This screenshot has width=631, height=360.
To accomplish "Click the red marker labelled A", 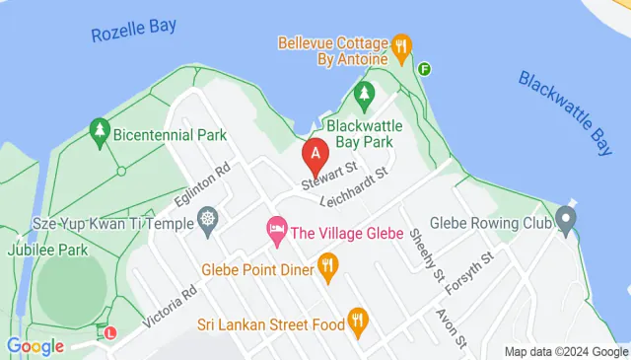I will [315, 156].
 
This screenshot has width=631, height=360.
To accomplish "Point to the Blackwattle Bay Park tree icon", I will [365, 96].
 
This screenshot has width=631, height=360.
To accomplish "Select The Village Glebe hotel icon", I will [277, 233].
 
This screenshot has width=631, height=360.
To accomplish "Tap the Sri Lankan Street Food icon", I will [358, 321].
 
